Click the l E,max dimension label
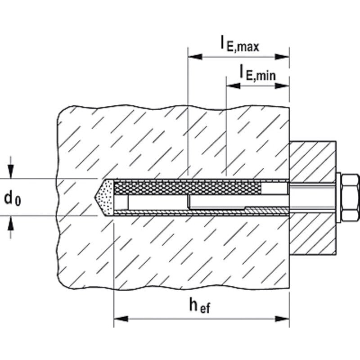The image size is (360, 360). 240,44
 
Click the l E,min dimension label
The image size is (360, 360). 257,73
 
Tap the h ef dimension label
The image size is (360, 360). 199,306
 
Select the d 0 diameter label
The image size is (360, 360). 13,198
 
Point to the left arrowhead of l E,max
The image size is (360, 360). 195,57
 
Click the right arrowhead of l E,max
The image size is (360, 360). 282,57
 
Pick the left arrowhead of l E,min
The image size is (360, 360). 233,86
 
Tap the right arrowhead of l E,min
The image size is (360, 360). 282,86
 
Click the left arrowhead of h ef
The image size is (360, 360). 121,319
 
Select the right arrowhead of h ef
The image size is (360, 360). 282,319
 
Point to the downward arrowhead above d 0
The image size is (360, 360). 10,171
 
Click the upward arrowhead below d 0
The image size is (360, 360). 10,223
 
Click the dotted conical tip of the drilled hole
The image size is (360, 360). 104,198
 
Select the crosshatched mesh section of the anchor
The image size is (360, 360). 188,188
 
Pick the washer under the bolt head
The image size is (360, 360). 338,198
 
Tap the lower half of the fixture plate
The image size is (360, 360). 312,234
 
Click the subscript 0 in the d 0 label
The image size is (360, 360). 18,201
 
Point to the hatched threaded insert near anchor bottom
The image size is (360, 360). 266,210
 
